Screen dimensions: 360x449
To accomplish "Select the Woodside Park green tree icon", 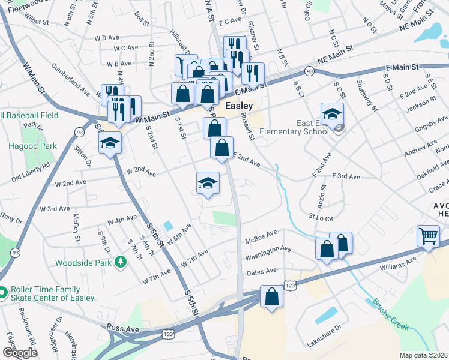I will [x=120, y=262].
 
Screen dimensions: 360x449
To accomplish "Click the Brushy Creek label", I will [x=390, y=314].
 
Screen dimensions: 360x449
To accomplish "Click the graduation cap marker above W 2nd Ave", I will [x=110, y=143].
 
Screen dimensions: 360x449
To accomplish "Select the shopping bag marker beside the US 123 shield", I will [x=271, y=296].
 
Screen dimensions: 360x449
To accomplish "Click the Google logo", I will [x=20, y=353].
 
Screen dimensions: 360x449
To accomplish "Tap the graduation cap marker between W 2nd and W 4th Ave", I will [x=208, y=183].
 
